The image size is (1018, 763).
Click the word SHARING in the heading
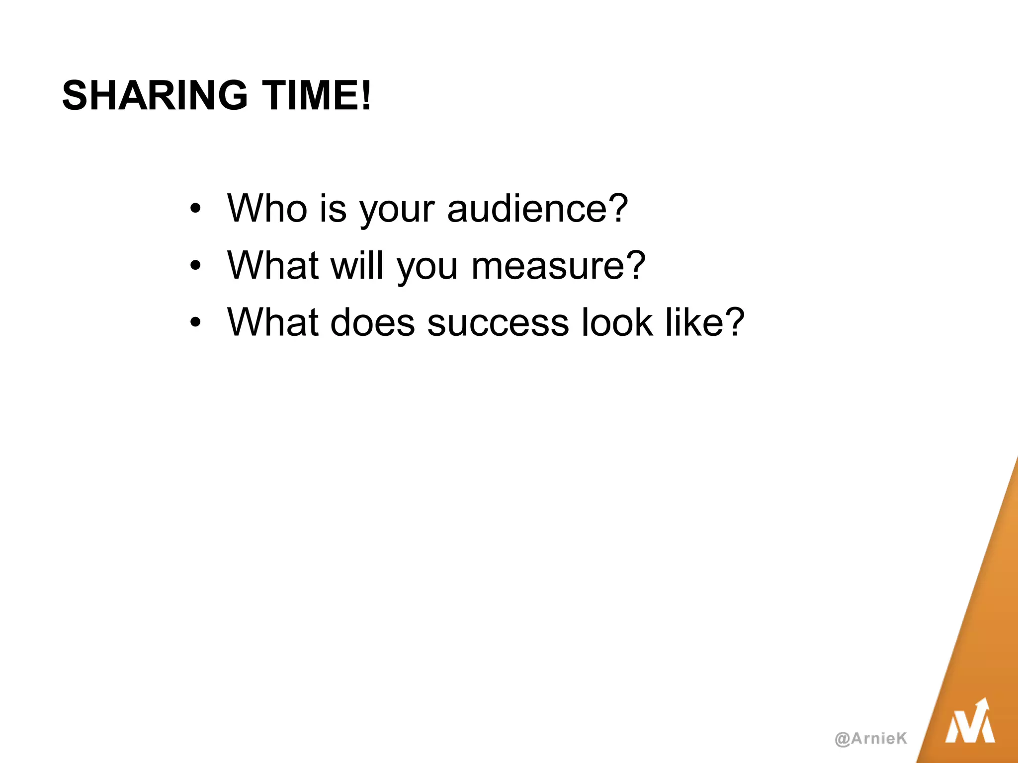[155, 95]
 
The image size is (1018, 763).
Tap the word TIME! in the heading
[317, 95]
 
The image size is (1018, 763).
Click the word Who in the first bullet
[267, 208]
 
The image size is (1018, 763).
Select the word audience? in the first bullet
[537, 208]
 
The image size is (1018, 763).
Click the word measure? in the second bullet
[558, 265]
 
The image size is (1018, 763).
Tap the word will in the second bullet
[357, 265]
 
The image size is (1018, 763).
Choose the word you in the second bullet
[427, 268]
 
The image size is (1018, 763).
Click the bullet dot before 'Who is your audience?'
[195, 209]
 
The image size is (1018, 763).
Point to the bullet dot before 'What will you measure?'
[195, 266]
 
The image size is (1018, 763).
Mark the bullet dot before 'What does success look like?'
[195, 322]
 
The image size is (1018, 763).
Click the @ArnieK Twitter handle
[871, 739]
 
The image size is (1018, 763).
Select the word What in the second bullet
[272, 265]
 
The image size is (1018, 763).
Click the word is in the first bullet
[333, 208]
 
